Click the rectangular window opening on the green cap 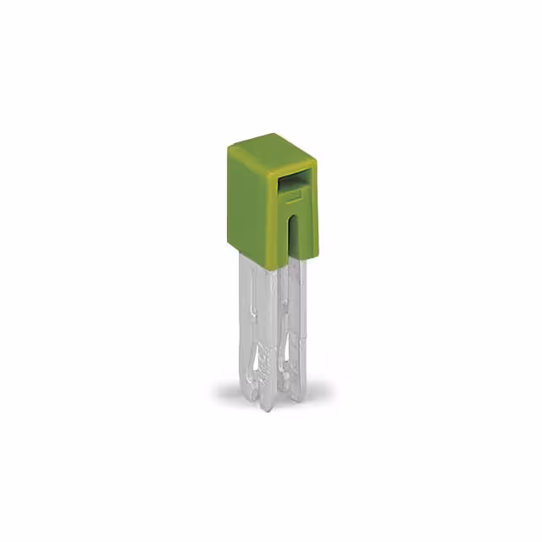tap(293, 180)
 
